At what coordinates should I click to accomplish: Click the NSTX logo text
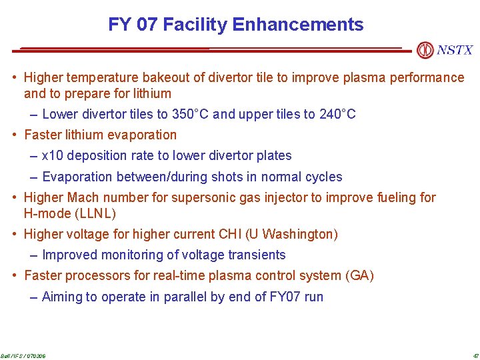[455, 50]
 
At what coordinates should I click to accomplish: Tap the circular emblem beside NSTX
[425, 50]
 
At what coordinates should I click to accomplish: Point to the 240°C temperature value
[337, 114]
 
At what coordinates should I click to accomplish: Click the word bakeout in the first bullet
[180, 77]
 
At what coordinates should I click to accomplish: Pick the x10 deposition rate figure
[52, 155]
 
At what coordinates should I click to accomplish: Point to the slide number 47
[475, 355]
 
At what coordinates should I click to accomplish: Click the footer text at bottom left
[23, 355]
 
